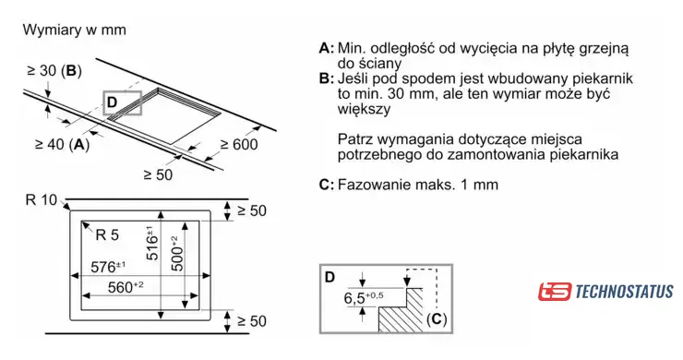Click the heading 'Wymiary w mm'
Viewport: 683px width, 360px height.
(74, 30)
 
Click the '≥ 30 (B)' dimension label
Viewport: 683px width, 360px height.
(54, 70)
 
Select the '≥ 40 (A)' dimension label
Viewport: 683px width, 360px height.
(62, 144)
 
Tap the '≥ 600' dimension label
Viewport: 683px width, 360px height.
(239, 144)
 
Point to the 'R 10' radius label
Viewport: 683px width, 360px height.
(42, 200)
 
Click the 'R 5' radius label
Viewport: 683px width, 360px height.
(107, 234)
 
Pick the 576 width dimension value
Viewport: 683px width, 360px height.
(109, 266)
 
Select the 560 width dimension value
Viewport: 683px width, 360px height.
(126, 287)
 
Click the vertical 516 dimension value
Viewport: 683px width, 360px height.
(152, 243)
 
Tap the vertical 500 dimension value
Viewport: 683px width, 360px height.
(177, 254)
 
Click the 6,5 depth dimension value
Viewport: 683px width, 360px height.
(364, 298)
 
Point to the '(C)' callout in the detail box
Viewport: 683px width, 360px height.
(437, 319)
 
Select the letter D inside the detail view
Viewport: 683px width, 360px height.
(330, 277)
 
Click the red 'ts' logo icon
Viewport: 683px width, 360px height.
(554, 292)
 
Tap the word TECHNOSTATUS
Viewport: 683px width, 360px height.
(624, 292)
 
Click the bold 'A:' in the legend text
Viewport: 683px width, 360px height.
(327, 48)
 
